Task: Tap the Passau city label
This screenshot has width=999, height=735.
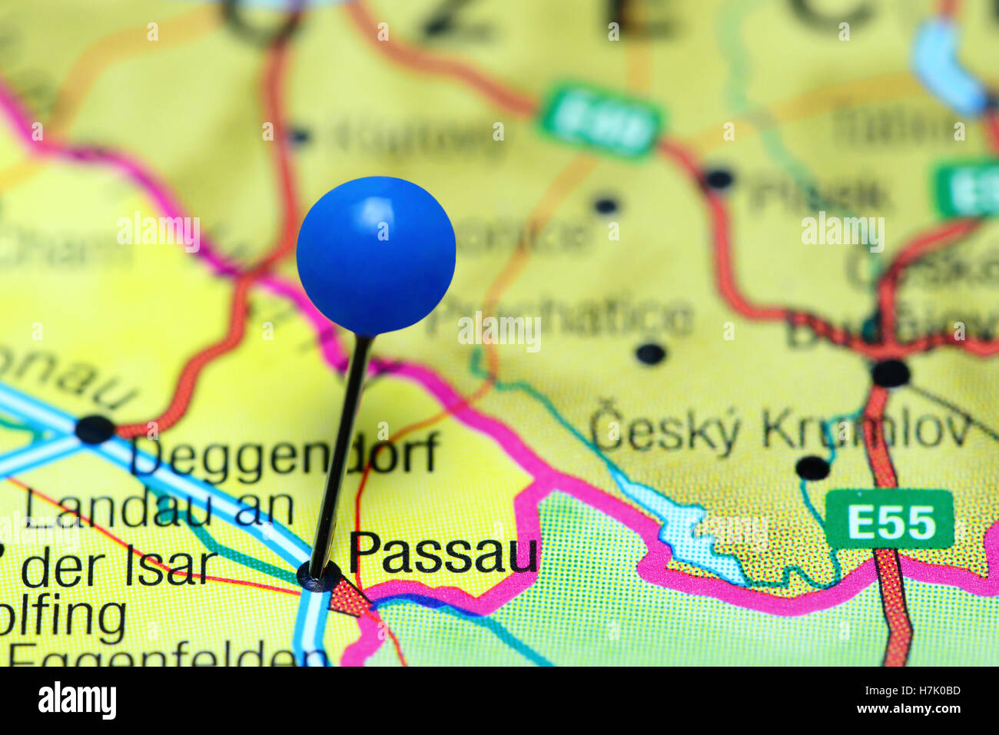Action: coord(443,552)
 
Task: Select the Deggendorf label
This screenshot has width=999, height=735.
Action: coord(284,455)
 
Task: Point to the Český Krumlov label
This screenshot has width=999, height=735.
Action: coord(780,430)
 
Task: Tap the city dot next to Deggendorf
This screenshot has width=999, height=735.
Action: coord(95,429)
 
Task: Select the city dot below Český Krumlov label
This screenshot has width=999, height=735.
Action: coord(812,467)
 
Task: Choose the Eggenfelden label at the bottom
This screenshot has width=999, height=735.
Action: coord(169,654)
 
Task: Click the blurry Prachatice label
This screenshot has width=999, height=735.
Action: coord(561,317)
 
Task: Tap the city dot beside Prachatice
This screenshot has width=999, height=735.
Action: coord(650,354)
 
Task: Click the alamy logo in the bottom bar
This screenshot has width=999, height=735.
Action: coord(77,700)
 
